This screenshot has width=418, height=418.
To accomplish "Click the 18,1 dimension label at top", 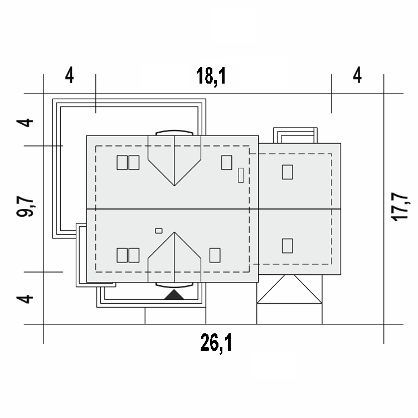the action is tap(211, 76).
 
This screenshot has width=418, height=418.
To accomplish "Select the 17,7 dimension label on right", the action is tap(400, 207).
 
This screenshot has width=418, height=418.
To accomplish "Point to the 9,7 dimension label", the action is tap(25, 206).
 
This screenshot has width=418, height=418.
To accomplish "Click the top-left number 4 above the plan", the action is tap(69, 75).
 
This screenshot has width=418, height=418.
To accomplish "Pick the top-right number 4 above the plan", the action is tap(357, 75).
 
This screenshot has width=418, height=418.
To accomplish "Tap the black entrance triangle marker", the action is tap(174, 294).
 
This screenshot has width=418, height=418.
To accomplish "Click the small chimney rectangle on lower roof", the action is tap(159, 231).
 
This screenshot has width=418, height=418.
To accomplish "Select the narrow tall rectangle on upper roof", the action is tap(241, 175).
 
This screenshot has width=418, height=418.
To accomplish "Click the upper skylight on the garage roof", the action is tap(288, 172).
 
